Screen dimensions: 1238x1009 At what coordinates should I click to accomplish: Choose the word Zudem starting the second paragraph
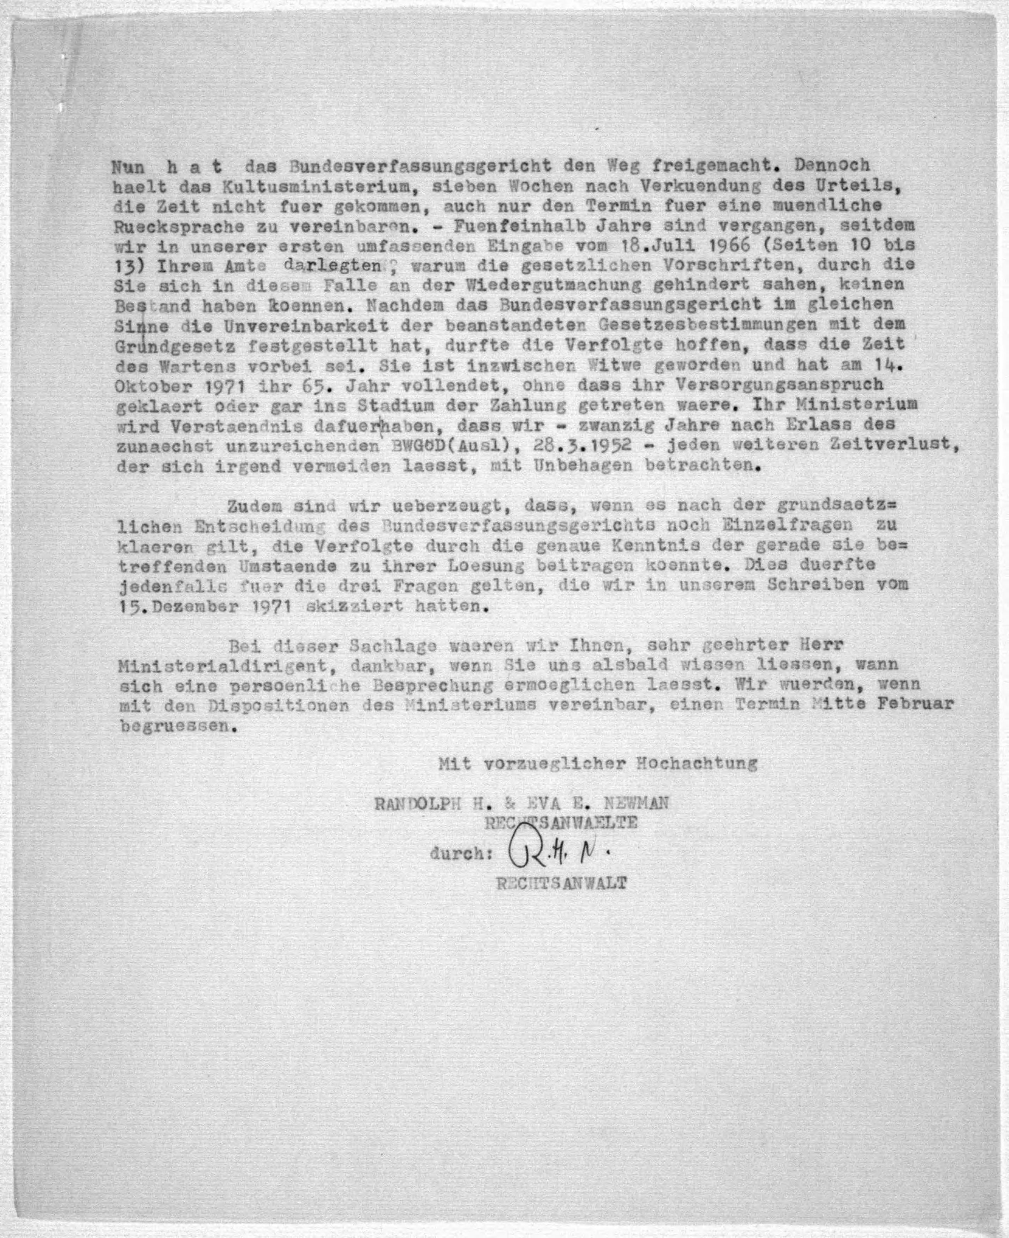(254, 506)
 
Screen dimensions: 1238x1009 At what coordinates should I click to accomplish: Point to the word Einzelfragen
(787, 525)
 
